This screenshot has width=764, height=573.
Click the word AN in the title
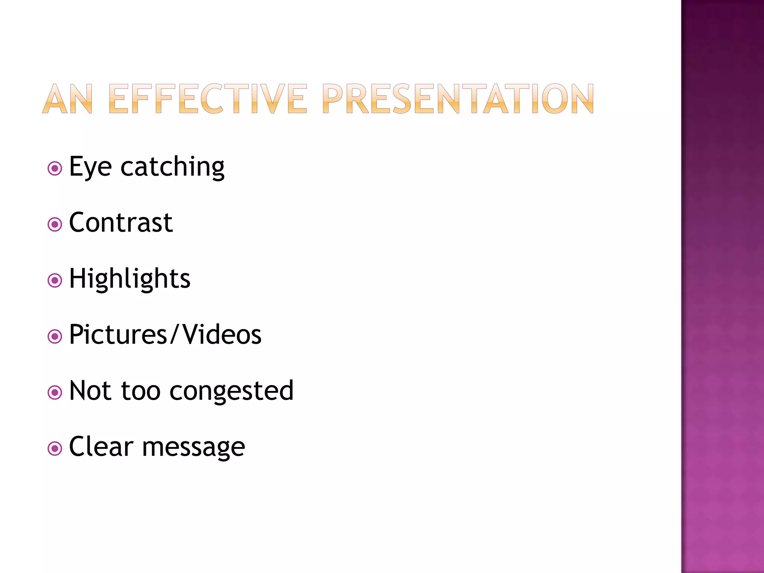(68, 98)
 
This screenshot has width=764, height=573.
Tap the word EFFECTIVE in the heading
(208, 98)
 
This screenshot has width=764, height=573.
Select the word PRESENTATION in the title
(458, 98)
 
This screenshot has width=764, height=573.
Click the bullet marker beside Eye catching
(55, 169)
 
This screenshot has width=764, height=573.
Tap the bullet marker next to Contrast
(55, 225)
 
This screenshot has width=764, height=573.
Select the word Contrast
(121, 223)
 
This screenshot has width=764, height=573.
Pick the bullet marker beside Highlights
(55, 281)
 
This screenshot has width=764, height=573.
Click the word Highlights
(130, 279)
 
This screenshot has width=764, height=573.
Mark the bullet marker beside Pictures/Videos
(55, 336)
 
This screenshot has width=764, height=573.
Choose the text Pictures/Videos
(165, 334)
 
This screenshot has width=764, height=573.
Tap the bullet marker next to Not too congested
(55, 392)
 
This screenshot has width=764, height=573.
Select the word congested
(232, 391)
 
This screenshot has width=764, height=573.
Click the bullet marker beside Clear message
(55, 448)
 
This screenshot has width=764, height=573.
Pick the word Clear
(101, 446)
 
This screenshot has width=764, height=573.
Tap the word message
(194, 447)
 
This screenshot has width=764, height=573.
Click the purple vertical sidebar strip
(723, 286)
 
